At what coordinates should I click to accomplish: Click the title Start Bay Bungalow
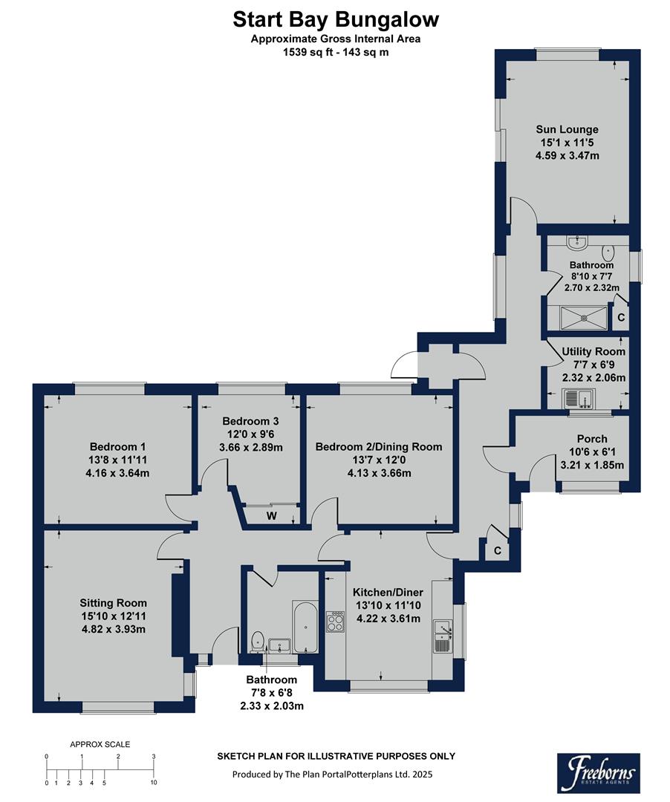pos(335,19)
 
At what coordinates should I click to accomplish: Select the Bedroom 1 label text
pos(117,446)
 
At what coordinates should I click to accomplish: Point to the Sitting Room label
pos(113,603)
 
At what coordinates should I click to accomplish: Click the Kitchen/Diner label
pos(388,592)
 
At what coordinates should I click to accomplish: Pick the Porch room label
pos(592,439)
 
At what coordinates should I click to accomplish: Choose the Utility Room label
pos(593,351)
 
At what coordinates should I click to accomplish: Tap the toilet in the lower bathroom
pos(257,639)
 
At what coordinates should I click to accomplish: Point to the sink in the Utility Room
pos(576,400)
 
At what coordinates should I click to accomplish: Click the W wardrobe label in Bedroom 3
pos(271,515)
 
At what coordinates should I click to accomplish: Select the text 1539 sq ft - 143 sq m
pos(335,52)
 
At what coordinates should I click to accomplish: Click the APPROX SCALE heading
pos(100,743)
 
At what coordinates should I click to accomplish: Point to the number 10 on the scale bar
pos(153,783)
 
